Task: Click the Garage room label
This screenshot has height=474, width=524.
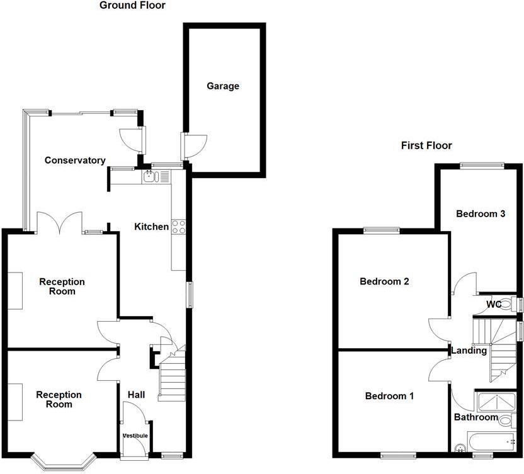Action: click(x=223, y=86)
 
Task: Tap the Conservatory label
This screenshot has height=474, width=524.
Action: click(x=75, y=161)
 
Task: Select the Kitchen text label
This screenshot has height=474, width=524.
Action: click(x=151, y=227)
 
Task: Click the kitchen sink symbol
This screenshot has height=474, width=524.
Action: click(x=150, y=177)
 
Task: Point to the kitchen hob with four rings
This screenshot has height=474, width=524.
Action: click(x=178, y=227)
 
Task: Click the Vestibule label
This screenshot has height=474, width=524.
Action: click(x=135, y=436)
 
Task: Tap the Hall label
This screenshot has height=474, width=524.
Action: click(x=136, y=395)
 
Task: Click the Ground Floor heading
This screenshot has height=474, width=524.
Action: click(x=132, y=6)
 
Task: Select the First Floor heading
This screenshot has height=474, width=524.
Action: click(x=426, y=145)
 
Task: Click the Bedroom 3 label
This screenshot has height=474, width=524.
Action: click(x=481, y=213)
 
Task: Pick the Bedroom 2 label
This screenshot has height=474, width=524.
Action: click(x=384, y=281)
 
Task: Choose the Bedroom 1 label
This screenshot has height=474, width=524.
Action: click(x=390, y=396)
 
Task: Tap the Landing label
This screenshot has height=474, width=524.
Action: click(x=469, y=351)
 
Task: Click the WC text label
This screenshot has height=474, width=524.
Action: click(x=493, y=305)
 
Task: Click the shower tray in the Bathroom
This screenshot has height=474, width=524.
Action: click(x=495, y=401)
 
